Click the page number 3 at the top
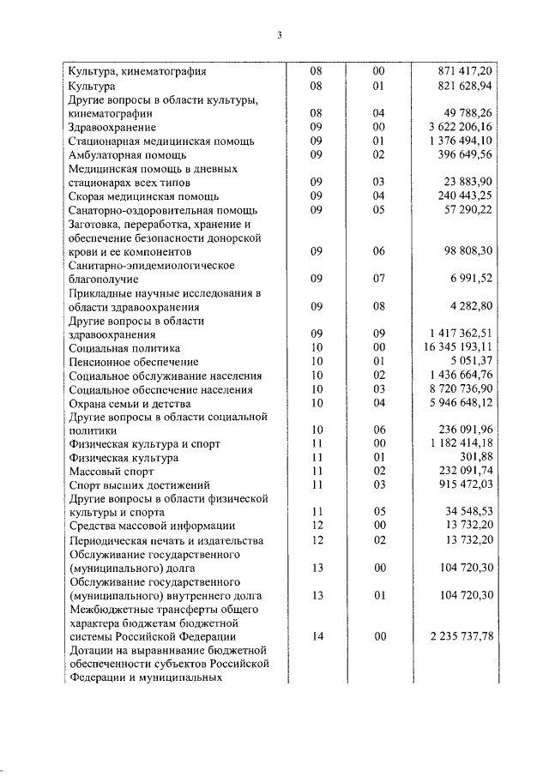point(280,35)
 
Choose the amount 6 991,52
point(468,280)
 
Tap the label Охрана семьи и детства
point(130,404)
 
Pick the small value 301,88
point(474,458)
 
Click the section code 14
point(317,636)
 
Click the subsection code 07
point(379,280)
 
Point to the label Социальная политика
point(124,348)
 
